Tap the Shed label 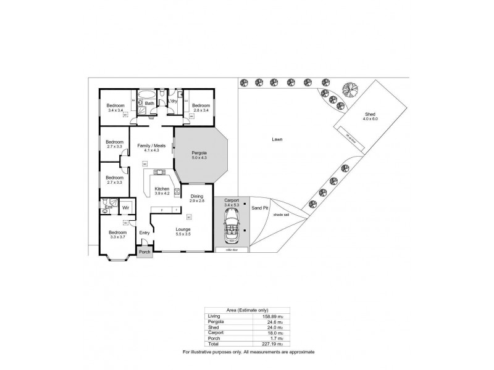coord(370,115)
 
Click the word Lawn coord(277,140)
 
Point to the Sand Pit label coord(260,208)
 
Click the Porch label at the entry coord(144,252)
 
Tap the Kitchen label coord(162,189)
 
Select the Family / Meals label coord(151,146)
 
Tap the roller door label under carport coord(232,250)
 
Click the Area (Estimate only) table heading coord(246,310)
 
